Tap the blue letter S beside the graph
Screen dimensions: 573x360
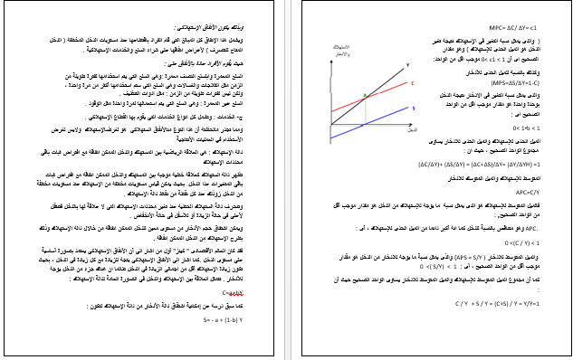pos(413,109)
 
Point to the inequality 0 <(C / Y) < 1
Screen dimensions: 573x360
pos(530,242)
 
